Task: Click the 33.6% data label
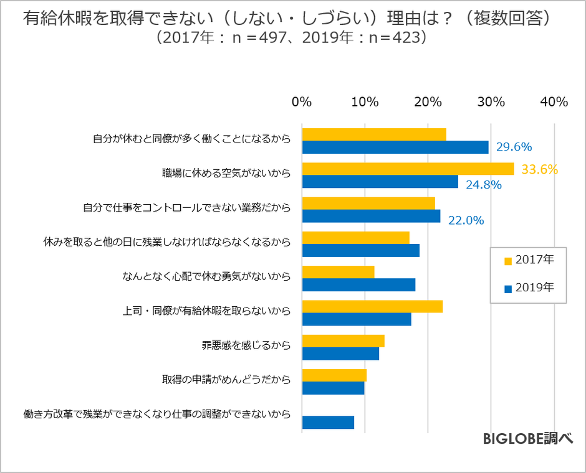tap(539, 169)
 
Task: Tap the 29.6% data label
tap(514, 147)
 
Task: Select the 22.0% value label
tap(466, 220)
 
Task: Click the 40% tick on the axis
tap(554, 102)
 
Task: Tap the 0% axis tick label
tap(302, 102)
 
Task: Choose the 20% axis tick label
tap(428, 102)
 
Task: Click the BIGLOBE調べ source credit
tap(527, 439)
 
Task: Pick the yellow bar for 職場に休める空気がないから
tap(408, 169)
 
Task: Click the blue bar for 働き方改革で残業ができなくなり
tap(328, 422)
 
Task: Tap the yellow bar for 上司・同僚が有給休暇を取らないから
tap(372, 306)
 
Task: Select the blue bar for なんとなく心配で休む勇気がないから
tap(358, 285)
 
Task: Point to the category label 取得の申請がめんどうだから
tap(227, 379)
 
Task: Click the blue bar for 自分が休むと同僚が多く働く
tap(395, 147)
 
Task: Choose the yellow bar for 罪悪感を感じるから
tap(343, 340)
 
